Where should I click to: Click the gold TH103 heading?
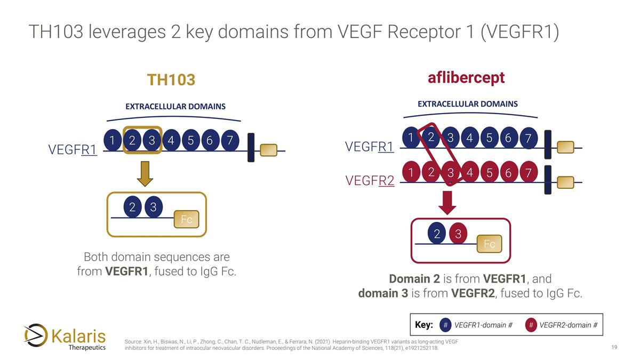pos(171,80)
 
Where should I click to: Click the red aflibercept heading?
pos(466,78)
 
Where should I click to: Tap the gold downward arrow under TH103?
pos(145,173)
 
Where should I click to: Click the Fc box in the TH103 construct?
pos(187,219)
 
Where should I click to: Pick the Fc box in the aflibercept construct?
pos(489,244)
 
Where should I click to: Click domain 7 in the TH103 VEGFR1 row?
pos(229,141)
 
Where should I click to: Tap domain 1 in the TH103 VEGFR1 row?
pos(112,141)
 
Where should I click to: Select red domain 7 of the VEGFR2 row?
pos(527,172)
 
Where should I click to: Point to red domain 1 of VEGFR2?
pos(411,172)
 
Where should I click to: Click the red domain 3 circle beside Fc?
pos(458,234)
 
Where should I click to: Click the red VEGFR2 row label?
pos(370,181)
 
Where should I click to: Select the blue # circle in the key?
pos(446,325)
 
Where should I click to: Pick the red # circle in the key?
pos(531,325)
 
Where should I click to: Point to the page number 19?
pos(614,348)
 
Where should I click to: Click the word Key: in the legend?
pos(423,325)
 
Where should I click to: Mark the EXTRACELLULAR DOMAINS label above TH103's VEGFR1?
pos(175,106)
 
